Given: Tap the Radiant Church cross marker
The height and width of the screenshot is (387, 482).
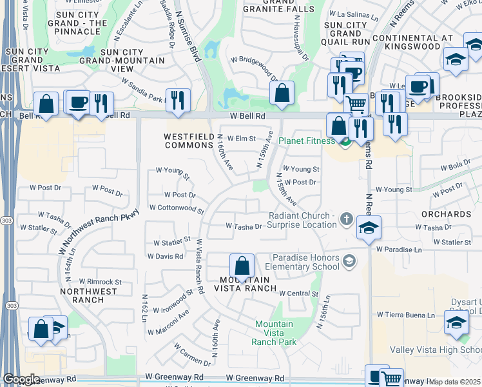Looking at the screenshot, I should (346, 219).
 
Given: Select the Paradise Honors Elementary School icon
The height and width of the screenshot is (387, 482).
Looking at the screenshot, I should (349, 261).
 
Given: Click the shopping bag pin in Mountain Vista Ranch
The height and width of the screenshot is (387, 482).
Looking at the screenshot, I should (242, 266).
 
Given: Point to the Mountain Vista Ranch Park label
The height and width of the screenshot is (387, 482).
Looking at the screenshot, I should (274, 333).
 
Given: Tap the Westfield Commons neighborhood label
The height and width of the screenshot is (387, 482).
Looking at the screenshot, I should (188, 141).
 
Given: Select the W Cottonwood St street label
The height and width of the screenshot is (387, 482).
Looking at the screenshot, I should (177, 209).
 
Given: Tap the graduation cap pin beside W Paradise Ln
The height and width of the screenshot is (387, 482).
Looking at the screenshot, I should (368, 228).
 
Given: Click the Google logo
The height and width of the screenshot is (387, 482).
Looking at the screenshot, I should (21, 379).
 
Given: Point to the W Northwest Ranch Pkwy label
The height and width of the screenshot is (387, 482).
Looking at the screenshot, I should (99, 228).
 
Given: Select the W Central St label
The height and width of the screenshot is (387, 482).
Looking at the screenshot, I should (300, 293).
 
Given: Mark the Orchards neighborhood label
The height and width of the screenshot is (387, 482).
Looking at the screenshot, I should (446, 213).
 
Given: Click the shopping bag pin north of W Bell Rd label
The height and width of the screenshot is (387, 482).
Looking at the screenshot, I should (282, 93).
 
